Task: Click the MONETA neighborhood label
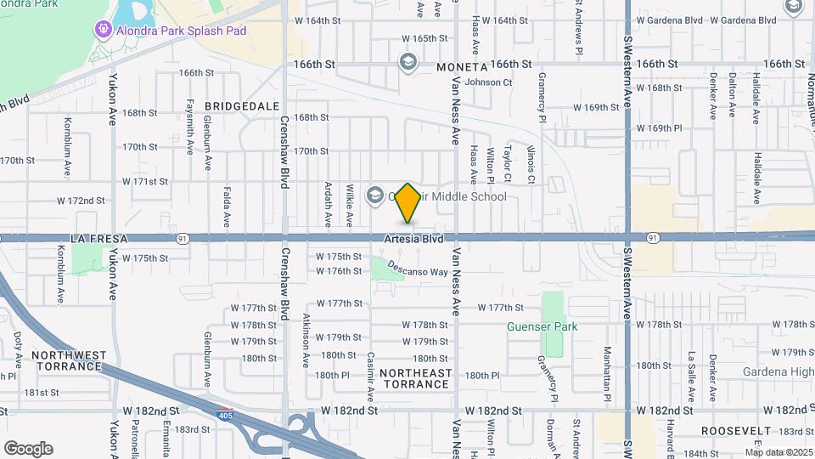[462, 66]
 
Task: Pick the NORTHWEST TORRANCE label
[70, 360]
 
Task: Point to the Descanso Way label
[417, 268]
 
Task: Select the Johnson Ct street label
[488, 82]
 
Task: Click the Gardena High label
[778, 371]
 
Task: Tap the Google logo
[28, 449]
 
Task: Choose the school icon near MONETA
[407, 62]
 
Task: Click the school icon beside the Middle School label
[374, 196]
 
